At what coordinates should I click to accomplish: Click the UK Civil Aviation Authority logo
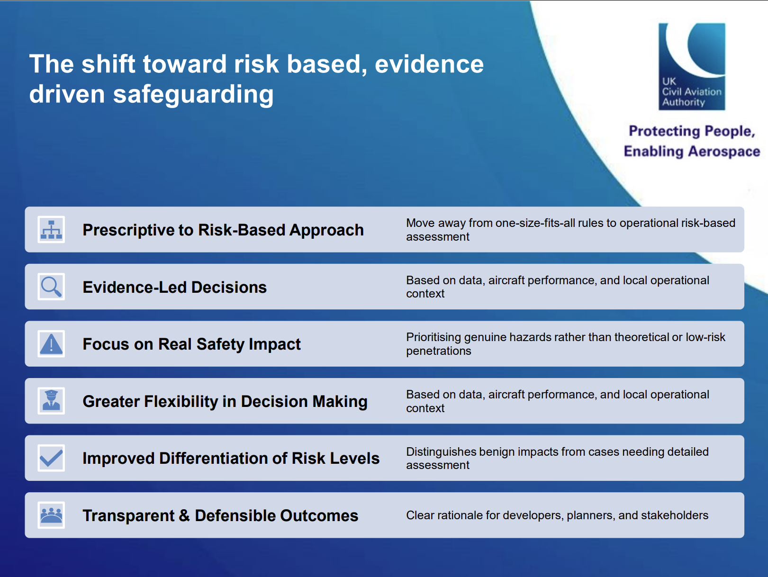click(x=692, y=66)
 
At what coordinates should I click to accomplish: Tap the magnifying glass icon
click(x=51, y=287)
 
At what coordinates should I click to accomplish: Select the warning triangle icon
click(x=51, y=344)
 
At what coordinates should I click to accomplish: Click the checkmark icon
click(x=51, y=458)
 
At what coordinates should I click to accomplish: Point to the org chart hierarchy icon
click(x=51, y=229)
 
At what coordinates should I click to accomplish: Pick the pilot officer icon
click(x=51, y=401)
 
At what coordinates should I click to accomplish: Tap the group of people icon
click(x=51, y=515)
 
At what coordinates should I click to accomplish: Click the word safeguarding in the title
click(x=193, y=95)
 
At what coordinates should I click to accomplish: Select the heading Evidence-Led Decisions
click(x=175, y=287)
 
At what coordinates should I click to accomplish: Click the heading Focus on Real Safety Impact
click(x=191, y=344)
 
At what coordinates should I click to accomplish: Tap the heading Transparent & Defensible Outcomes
click(x=220, y=516)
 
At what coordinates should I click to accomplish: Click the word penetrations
click(x=439, y=351)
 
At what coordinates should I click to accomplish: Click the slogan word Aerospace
click(x=724, y=152)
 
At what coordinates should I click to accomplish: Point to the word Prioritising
click(x=434, y=338)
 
